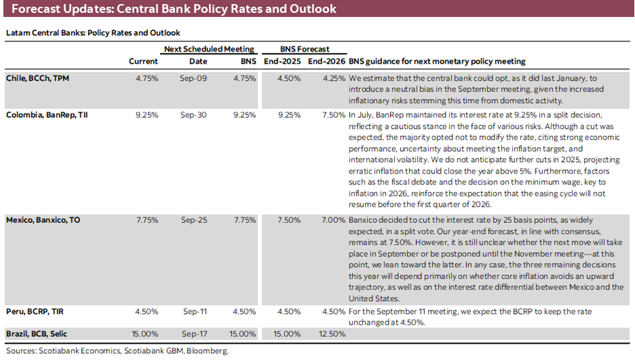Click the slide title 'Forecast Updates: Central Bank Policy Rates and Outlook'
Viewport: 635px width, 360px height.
(173, 10)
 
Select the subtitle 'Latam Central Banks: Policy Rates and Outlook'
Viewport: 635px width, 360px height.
(93, 33)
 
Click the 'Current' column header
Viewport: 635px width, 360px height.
(143, 62)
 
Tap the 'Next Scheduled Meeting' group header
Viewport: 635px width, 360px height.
(209, 49)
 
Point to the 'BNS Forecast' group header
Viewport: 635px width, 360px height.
(305, 49)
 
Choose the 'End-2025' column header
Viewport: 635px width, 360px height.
(282, 62)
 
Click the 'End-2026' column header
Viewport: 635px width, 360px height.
(326, 62)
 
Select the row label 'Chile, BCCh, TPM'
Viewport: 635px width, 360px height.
(37, 79)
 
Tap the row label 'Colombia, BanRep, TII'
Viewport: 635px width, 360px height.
(47, 115)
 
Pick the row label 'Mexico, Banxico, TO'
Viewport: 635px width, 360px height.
(43, 220)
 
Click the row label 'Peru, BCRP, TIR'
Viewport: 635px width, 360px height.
(36, 312)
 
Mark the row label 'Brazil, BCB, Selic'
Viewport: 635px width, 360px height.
(39, 334)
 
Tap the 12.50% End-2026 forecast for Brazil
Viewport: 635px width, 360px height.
(330, 334)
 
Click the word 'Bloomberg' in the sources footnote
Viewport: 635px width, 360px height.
(207, 351)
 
